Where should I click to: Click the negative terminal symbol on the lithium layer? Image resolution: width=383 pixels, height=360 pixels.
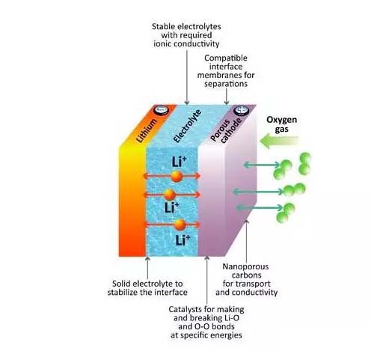point(161,110)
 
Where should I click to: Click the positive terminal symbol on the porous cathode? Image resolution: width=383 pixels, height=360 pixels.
point(241,110)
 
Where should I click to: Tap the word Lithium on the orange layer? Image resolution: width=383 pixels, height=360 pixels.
point(147,130)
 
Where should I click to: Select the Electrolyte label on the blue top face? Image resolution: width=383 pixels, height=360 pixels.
point(187,126)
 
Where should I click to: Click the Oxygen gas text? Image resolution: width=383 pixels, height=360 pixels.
point(282,124)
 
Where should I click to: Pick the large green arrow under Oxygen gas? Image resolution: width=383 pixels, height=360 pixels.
point(279,141)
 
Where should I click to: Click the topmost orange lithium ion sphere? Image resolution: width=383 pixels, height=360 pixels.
point(177,177)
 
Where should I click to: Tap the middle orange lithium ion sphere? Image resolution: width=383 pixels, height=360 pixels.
point(170,195)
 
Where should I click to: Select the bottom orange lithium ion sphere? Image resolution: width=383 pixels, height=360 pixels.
point(180,225)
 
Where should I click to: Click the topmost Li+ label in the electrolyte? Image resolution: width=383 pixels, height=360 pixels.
point(179,162)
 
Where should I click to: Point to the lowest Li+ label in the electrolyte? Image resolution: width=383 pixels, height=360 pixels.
point(183,240)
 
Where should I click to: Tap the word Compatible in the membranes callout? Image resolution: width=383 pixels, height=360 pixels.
point(226,58)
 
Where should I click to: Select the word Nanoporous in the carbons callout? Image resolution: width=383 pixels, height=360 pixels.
point(245,266)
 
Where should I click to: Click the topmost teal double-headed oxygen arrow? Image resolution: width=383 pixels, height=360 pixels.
point(262,165)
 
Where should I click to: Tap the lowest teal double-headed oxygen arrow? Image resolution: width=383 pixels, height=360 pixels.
point(260,207)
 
